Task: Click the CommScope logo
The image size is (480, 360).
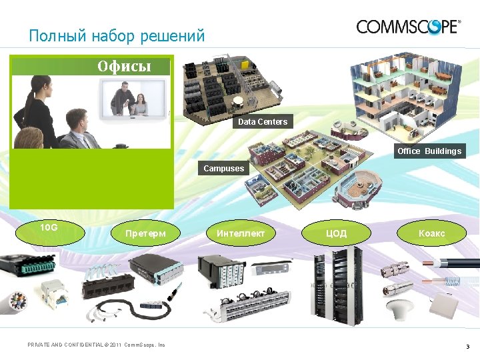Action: [x=408, y=27]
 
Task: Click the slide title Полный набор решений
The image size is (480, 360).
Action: [x=117, y=35]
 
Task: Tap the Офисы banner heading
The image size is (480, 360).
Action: [x=125, y=66]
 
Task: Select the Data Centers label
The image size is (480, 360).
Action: [x=263, y=122]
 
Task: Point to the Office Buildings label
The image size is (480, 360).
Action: [x=429, y=151]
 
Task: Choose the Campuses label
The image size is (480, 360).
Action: [x=224, y=169]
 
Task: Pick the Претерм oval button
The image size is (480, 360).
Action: [x=145, y=233]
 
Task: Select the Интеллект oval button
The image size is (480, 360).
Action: [x=241, y=233]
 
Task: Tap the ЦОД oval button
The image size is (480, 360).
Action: [x=336, y=233]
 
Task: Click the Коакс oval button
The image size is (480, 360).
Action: [x=431, y=233]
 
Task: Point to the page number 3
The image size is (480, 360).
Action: [x=467, y=346]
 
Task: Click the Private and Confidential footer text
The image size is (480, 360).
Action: [x=96, y=345]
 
